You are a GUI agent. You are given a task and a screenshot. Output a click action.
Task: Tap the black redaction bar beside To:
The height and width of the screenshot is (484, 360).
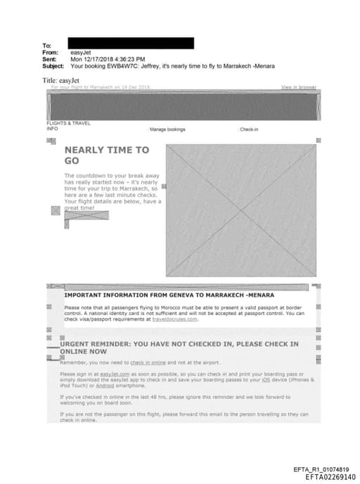(x=131, y=44)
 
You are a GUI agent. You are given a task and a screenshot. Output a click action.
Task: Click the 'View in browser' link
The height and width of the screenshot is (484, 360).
(x=298, y=87)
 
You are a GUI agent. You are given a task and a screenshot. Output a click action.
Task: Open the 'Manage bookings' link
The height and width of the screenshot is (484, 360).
(x=167, y=130)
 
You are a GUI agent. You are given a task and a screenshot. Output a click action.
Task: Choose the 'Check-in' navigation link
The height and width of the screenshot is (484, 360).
(x=249, y=130)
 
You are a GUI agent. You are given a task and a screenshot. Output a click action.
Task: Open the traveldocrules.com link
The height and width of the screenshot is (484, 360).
(x=176, y=319)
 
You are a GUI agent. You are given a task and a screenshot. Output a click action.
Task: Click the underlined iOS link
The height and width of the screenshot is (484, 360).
(x=266, y=380)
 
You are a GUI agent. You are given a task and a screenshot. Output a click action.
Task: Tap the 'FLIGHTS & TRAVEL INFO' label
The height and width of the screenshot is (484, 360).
(x=67, y=126)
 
